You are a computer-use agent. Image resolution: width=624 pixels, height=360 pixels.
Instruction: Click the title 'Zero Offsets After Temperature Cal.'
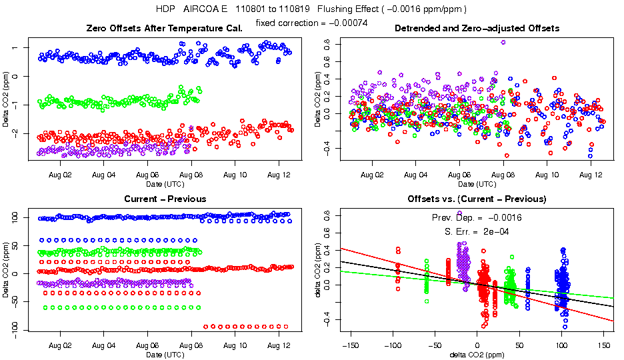(x=165, y=28)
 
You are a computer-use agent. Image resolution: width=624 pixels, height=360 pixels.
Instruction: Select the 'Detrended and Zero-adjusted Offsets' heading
(x=477, y=28)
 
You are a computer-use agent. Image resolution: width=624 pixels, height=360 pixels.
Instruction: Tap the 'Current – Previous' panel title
(x=165, y=199)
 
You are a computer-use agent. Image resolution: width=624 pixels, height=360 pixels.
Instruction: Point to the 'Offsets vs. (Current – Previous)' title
(x=477, y=199)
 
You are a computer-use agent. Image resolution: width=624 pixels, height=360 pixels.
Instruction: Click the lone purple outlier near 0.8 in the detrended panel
(x=503, y=42)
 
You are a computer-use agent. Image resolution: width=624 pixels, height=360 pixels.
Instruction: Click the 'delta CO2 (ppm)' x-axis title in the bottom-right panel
(x=477, y=355)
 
